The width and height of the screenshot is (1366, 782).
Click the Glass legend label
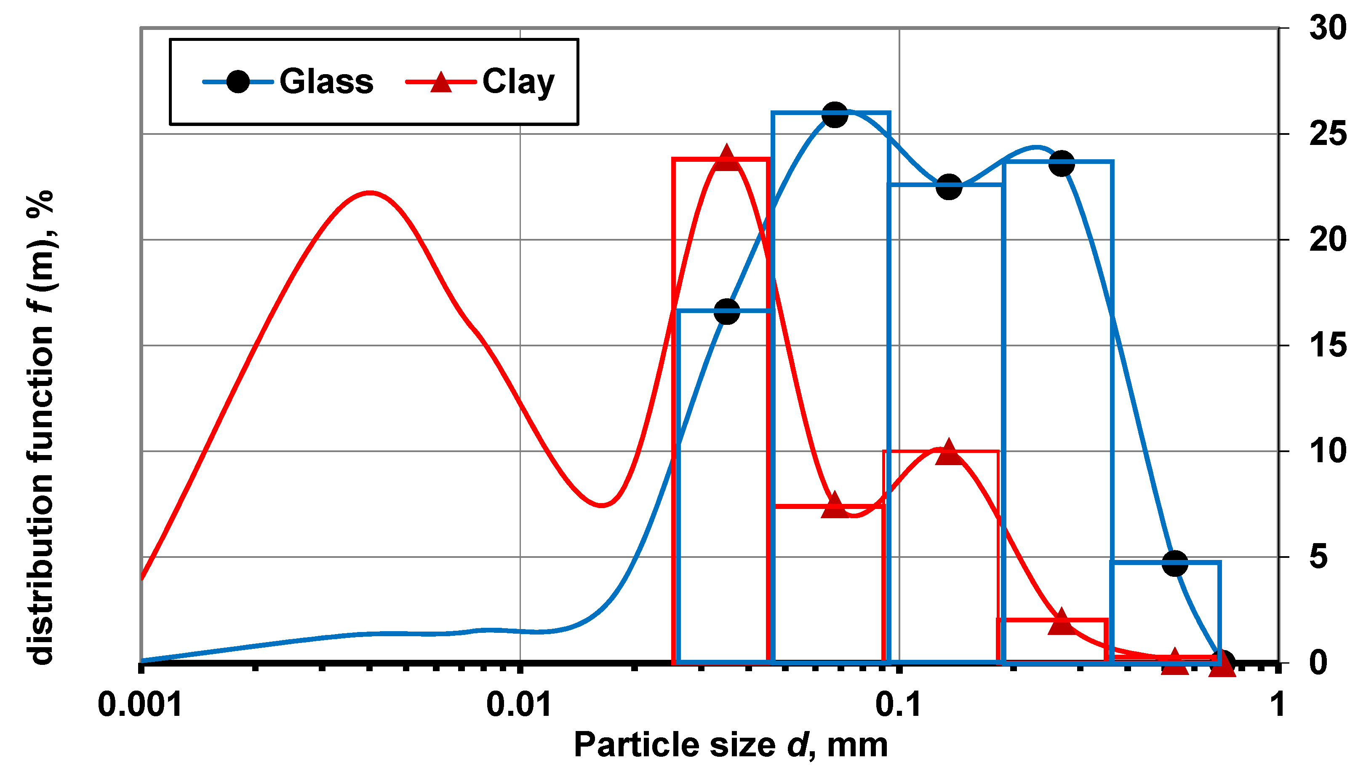(326, 82)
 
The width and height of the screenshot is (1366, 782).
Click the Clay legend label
(518, 82)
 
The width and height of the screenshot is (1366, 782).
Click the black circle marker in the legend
(238, 82)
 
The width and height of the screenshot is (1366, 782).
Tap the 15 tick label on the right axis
(1328, 345)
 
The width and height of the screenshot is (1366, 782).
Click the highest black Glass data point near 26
(835, 115)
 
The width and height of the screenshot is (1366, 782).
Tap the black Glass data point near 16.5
(727, 311)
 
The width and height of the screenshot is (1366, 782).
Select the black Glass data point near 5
(1175, 563)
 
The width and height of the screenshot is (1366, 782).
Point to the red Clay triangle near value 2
(1061, 622)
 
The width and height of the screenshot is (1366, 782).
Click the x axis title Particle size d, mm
(731, 745)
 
